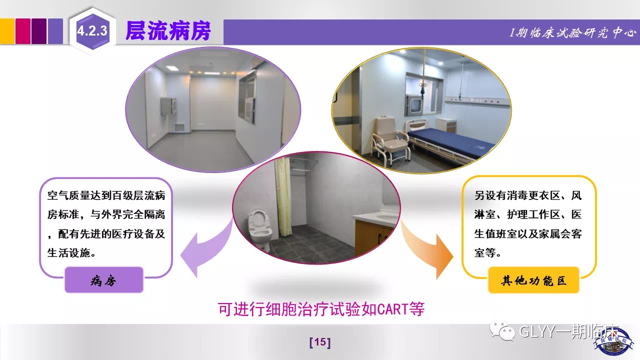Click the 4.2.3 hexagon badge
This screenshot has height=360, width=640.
[x=92, y=31]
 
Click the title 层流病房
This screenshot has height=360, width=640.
[x=168, y=31]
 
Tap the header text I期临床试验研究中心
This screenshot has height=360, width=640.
[x=573, y=33]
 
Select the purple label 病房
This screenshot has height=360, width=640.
[x=103, y=280]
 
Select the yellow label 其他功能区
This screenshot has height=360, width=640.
[x=533, y=280]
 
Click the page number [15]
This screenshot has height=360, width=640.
[x=320, y=342]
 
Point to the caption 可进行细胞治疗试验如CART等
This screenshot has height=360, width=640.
[x=321, y=309]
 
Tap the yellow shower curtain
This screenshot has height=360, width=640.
[x=283, y=197]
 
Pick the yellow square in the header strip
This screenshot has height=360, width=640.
[x=7, y=31]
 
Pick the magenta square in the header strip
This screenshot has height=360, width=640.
[x=23, y=31]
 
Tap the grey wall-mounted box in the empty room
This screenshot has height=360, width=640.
[x=168, y=106]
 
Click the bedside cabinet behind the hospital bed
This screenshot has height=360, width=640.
[x=446, y=125]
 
